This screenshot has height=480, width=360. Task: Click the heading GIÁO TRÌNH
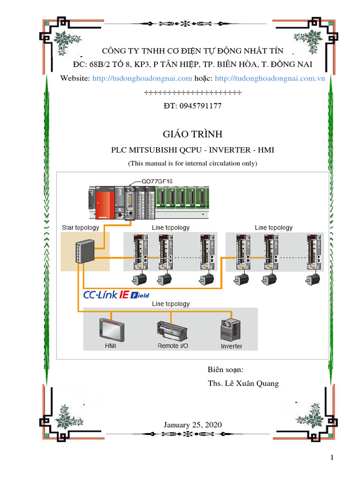192,134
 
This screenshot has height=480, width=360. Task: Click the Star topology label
81,228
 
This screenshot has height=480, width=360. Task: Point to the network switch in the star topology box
84,252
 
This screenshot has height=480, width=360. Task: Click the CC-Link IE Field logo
116,295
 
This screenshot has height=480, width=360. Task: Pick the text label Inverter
232,346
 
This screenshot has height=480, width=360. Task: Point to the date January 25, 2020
192,425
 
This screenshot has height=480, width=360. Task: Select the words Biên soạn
225,370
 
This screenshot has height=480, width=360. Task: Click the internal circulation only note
192,164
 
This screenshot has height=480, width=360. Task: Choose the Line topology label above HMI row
171,304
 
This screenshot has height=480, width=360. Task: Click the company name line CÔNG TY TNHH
193,51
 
